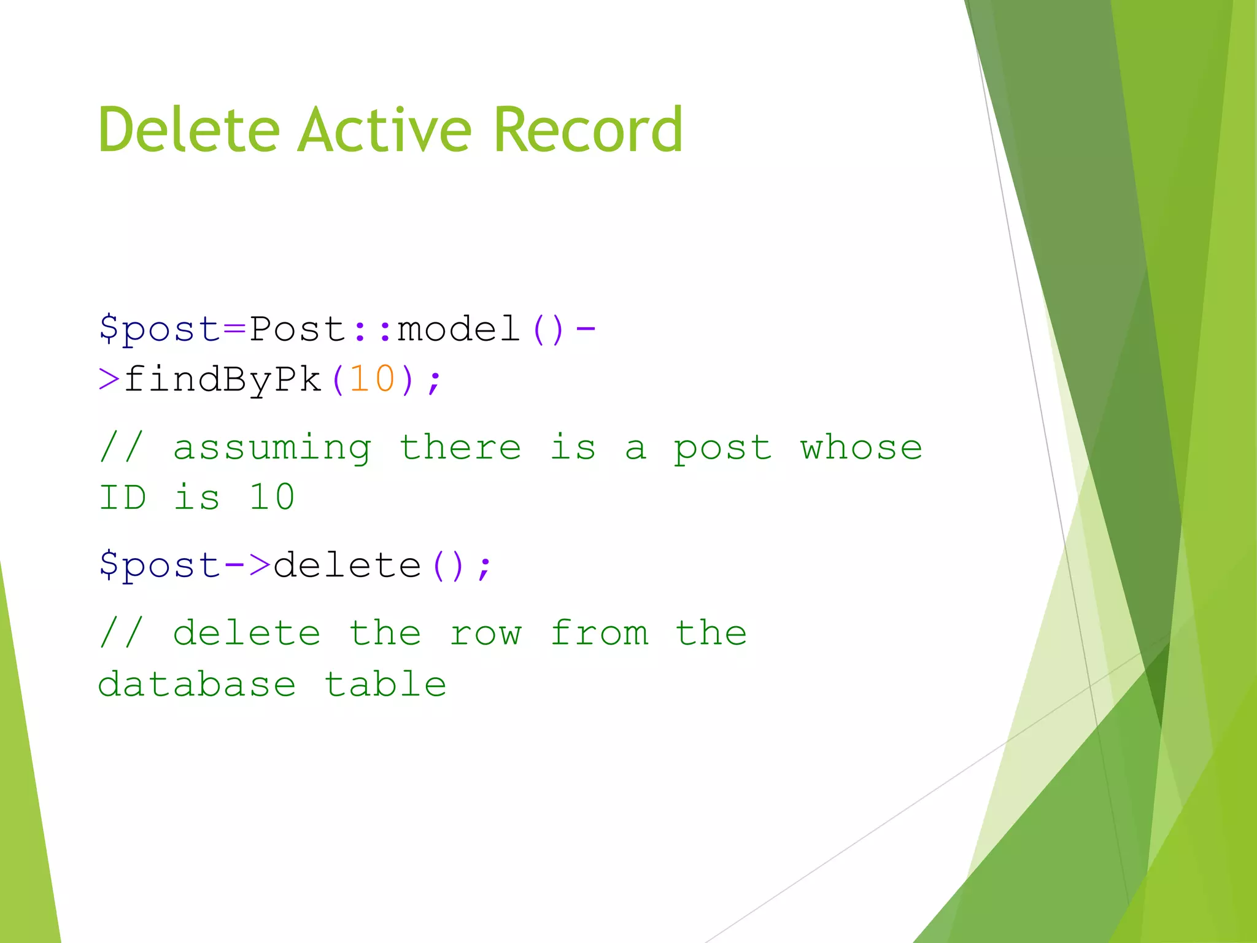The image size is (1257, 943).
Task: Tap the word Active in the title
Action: coord(385,130)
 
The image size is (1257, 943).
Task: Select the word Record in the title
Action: coord(587,130)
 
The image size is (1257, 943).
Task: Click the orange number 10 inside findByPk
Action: coord(372,379)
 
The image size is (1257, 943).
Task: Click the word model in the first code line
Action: coord(458,329)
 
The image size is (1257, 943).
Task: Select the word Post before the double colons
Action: coord(298,329)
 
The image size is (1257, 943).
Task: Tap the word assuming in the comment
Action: coord(272,448)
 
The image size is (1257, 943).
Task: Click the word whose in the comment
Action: coord(861,447)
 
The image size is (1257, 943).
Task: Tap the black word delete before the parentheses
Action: coord(347,565)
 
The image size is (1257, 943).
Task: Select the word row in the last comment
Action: coord(485,634)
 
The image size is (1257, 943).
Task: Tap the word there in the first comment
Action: coord(460,447)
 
